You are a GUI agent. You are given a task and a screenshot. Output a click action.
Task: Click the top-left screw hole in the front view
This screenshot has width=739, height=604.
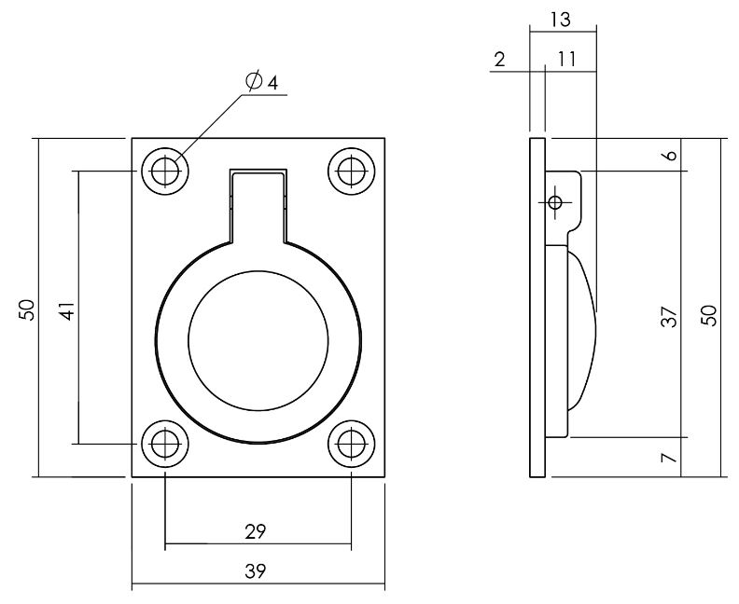point(165,172)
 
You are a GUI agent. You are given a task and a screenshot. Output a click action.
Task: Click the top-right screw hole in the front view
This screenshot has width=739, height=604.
point(352,172)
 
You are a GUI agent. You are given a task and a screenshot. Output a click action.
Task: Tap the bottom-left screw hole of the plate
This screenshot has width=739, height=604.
point(165,444)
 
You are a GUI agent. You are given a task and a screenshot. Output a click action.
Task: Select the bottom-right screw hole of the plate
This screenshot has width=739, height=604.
point(352,444)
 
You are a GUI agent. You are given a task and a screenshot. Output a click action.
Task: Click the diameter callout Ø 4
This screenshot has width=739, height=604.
point(262,82)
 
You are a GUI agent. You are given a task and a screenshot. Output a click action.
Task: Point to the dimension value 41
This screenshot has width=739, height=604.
point(66,310)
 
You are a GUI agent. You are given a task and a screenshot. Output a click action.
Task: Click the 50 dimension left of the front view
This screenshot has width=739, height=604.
point(28,309)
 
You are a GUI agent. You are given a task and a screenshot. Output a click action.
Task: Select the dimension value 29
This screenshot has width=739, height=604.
point(256,532)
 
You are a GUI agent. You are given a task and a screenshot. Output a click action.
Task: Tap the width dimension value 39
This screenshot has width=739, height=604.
point(256,571)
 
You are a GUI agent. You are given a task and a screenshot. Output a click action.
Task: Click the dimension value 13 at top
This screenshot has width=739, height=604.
point(562,18)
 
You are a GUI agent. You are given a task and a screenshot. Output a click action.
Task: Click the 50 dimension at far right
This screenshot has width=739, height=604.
point(710,314)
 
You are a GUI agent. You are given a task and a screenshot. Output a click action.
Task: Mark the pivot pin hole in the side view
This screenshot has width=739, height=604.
point(555,202)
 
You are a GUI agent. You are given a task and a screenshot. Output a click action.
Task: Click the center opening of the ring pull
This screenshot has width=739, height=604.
point(258,341)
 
